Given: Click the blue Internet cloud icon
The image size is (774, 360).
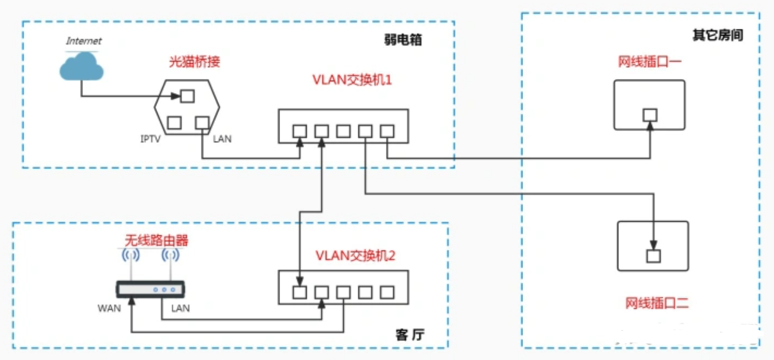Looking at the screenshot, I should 82,66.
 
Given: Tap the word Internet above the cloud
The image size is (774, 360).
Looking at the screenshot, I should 84,41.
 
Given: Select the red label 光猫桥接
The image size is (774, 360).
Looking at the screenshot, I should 194,62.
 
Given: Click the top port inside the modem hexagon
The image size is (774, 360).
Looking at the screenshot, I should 187,96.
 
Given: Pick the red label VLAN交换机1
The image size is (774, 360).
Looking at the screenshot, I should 352,80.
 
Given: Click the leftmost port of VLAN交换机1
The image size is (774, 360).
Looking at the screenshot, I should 300,131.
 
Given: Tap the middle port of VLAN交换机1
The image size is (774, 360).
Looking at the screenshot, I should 343,131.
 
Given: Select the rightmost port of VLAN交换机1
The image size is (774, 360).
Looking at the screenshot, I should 387,131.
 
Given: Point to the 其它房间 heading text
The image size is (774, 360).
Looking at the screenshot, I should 718,36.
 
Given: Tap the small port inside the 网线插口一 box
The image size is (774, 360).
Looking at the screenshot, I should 650,115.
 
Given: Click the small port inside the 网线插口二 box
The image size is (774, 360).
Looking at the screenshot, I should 653,255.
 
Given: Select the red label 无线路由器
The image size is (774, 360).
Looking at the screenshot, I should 156,241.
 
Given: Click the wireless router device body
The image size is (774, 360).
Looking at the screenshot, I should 151,289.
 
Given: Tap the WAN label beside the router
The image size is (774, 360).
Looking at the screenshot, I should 109,309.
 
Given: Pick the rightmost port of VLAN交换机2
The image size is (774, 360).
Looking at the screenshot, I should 387,292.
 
